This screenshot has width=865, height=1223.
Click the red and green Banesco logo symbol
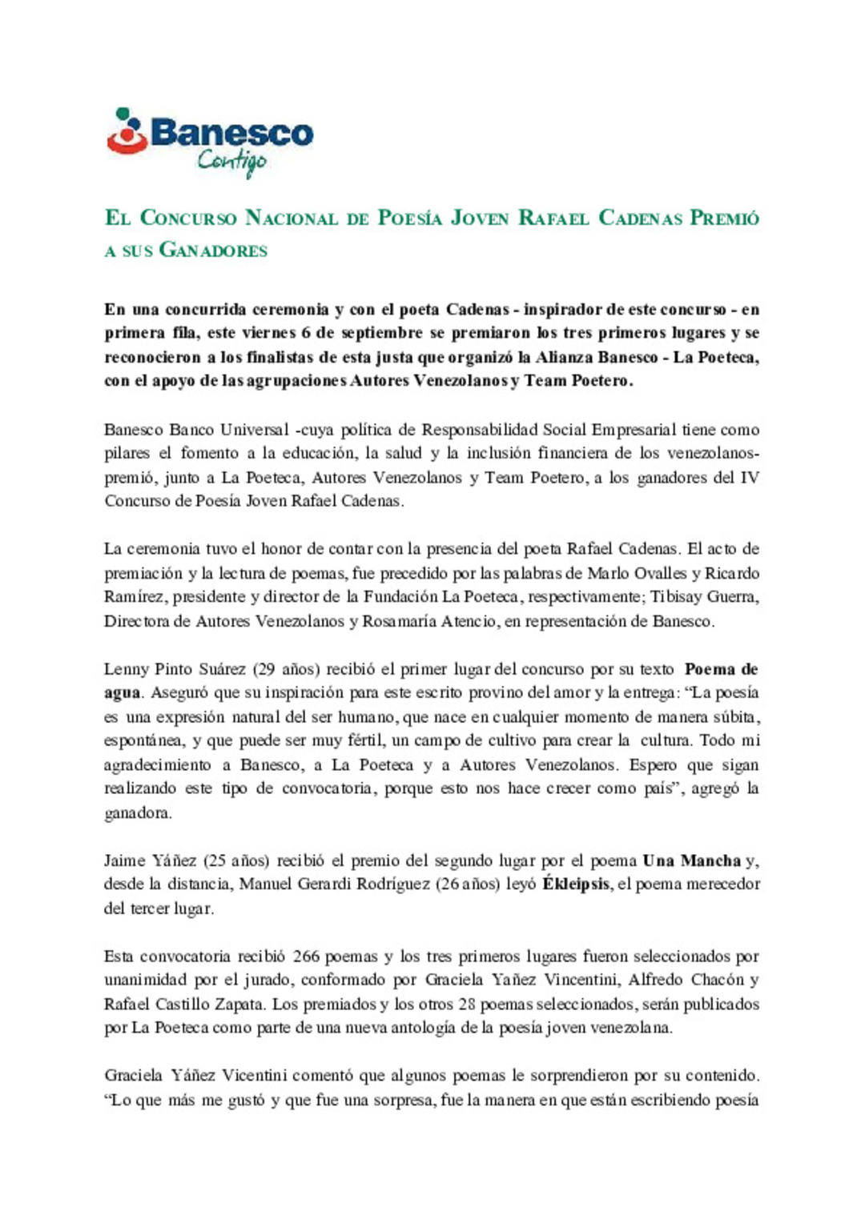(127, 131)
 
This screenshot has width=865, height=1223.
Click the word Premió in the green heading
(724, 218)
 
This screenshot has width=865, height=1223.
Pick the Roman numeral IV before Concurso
(749, 478)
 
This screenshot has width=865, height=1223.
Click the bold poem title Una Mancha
(691, 861)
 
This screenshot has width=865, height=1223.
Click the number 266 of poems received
(306, 956)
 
